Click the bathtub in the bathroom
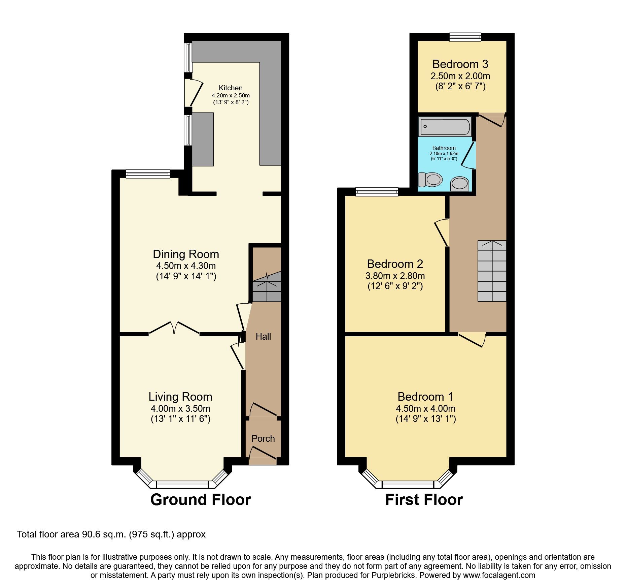445,127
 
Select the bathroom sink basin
459,184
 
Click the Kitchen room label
231,88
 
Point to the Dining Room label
186,254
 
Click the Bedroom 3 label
460,64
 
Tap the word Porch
263,438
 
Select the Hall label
263,336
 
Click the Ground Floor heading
201,499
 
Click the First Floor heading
424,499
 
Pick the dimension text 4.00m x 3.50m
180,408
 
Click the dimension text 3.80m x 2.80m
395,276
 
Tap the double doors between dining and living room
174,328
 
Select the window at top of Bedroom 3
465,37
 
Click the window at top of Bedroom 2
377,192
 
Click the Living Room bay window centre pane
182,485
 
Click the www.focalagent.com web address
499,575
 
